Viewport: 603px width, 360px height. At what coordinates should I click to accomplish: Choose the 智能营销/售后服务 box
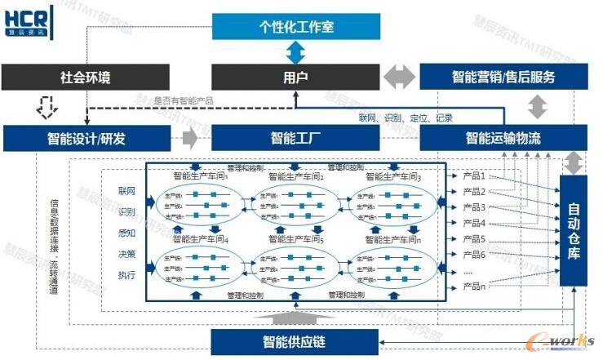pos(503,78)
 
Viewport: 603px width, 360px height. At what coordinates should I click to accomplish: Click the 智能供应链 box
pos(295,340)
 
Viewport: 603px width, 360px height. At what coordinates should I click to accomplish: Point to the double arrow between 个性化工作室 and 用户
pos(295,52)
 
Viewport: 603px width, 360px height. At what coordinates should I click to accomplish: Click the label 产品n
pos(474,286)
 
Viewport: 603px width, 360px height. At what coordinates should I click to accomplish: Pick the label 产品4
pos(474,223)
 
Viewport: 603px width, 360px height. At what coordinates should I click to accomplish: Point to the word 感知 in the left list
pos(126,233)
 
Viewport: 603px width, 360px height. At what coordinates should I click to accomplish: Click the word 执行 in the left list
pos(126,275)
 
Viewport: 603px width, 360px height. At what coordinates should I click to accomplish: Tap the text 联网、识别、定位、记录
pos(406,118)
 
